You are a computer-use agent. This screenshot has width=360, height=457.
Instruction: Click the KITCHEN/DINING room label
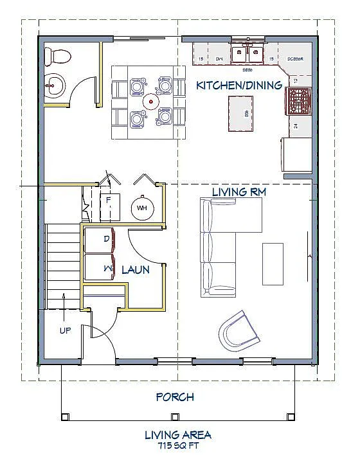pyautogui.click(x=239, y=85)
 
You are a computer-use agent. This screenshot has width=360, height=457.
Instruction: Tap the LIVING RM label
pyautogui.click(x=239, y=192)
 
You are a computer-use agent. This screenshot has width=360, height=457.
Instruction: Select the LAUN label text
pyautogui.click(x=136, y=270)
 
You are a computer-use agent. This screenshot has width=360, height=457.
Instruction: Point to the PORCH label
pyautogui.click(x=175, y=397)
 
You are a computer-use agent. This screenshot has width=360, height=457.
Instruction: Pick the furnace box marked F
pyautogui.click(x=109, y=201)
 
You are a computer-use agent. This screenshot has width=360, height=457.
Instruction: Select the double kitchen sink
pyautogui.click(x=248, y=52)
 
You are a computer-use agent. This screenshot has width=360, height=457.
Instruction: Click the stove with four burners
pyautogui.click(x=299, y=100)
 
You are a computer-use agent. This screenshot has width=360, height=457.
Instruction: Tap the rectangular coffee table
pyautogui.click(x=271, y=264)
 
